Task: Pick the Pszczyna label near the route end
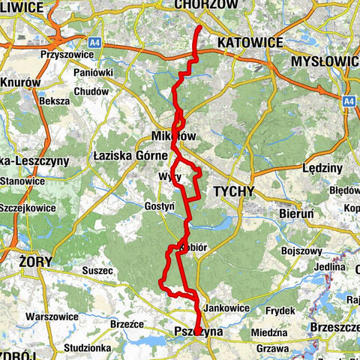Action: (x=193, y=331)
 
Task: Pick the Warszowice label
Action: (x=51, y=316)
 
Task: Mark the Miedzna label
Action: (x=270, y=332)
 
